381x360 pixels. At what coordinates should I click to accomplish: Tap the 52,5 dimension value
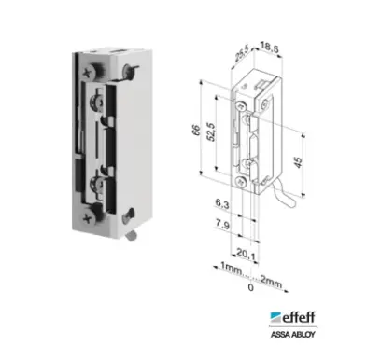coord(211,132)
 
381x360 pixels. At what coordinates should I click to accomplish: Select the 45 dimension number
coord(298,162)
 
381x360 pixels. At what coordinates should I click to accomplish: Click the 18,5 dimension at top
coord(269,48)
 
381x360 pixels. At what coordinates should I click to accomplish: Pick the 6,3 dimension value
coord(222,204)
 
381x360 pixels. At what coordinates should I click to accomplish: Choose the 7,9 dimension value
coord(222,224)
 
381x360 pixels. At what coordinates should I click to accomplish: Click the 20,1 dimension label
coord(246,254)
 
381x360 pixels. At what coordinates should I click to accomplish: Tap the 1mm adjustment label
coord(231,268)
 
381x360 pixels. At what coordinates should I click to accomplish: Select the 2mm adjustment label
coord(271,282)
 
